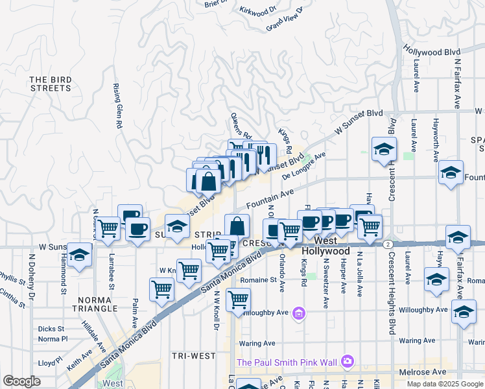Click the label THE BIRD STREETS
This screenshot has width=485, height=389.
50,83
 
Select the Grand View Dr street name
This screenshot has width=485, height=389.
285,19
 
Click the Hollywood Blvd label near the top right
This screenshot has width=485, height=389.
431,51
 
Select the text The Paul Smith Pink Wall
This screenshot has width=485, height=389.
288,362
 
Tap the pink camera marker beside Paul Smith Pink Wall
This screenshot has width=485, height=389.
348,361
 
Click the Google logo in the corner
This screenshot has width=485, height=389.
22,381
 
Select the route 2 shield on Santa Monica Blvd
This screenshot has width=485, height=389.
387,244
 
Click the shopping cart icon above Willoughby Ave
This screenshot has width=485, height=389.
239,299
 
